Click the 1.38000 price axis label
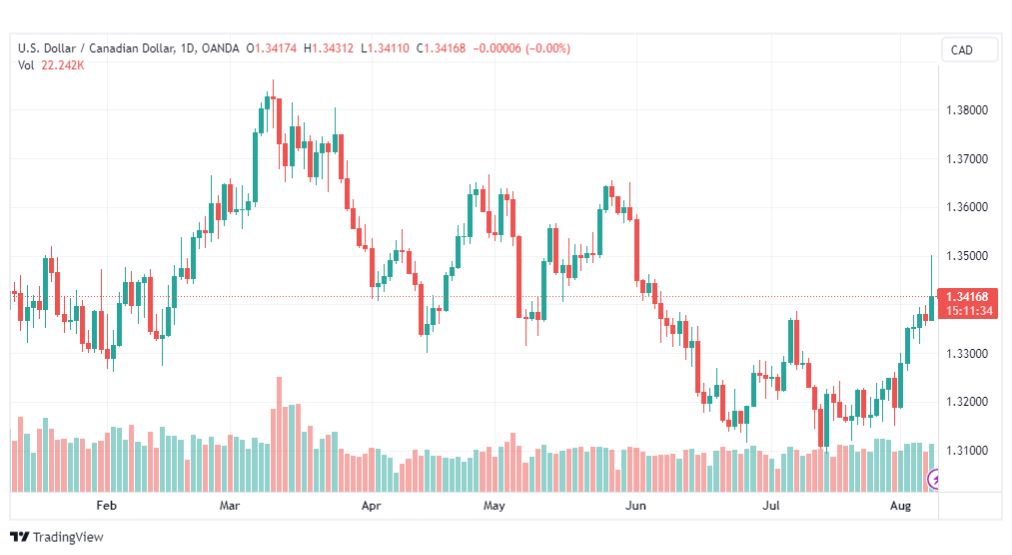(967, 110)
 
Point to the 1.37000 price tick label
(967, 159)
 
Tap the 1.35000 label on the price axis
(967, 256)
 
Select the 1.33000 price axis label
(967, 354)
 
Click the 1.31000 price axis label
(967, 450)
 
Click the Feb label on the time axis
(106, 505)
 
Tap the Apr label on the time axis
(371, 505)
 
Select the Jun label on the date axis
(636, 505)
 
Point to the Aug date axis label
(900, 505)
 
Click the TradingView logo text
(68, 537)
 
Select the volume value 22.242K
(63, 65)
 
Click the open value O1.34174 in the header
(271, 48)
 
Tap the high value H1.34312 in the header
(329, 48)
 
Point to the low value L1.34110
(385, 48)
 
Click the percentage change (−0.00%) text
(548, 48)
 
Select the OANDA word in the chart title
(220, 48)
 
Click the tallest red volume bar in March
(279, 434)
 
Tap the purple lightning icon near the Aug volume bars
(933, 479)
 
